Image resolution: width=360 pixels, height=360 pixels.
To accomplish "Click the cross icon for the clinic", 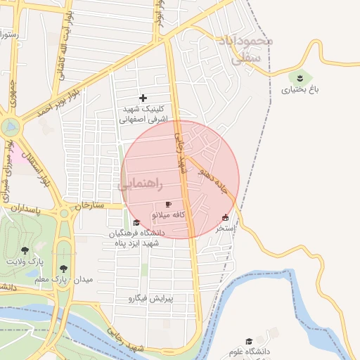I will point(143,98).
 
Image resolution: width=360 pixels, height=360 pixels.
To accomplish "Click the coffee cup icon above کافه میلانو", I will point(168,204).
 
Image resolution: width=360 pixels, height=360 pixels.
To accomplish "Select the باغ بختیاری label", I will point(300,89).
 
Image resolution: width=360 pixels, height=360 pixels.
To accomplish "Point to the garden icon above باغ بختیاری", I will point(300,77).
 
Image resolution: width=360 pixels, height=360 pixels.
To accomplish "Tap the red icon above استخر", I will point(225,217).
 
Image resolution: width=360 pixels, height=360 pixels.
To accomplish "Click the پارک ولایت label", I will point(25,261).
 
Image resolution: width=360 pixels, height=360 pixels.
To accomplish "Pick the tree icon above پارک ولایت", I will point(25,250).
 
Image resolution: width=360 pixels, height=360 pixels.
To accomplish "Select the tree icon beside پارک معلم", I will point(64,268).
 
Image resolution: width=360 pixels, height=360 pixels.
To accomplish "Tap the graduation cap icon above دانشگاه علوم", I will point(249,341).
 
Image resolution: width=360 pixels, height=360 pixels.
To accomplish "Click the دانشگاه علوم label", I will point(248,351).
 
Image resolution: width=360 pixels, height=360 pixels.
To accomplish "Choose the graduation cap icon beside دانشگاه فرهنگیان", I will point(136,222).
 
